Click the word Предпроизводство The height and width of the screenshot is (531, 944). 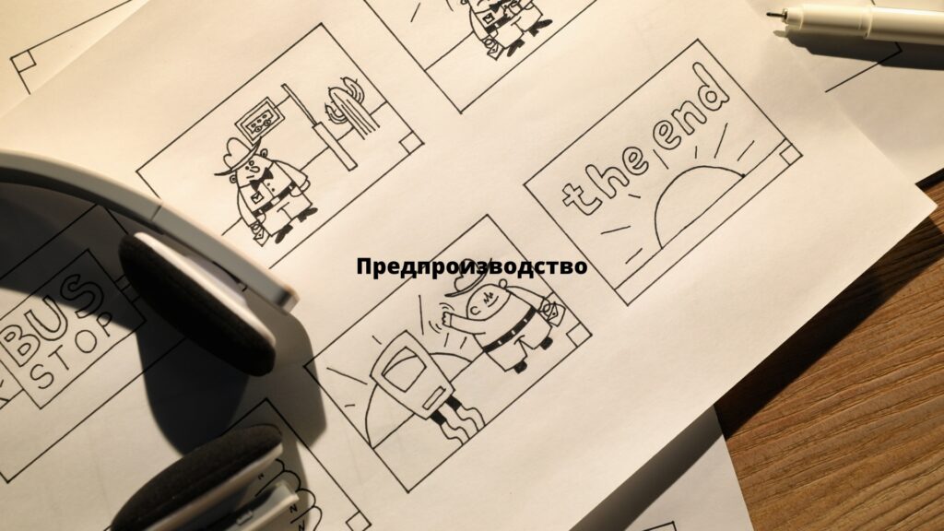point(471,266)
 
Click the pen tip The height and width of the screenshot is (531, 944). point(772,13)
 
